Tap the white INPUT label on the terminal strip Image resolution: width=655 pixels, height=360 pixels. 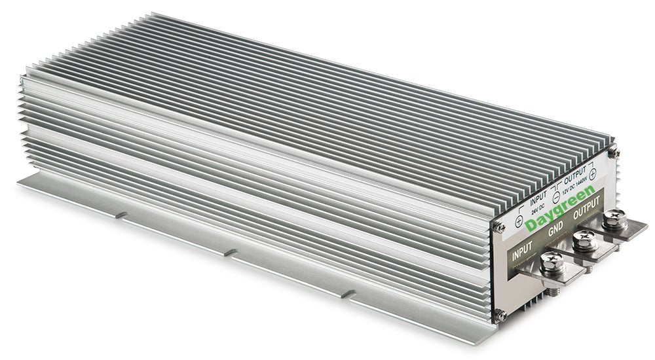pos(523,253)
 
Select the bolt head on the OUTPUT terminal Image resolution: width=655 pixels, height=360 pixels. pos(614,221)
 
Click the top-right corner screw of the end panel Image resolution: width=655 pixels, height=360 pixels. pos(614,152)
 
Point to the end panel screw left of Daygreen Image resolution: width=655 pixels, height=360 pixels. pos(499,226)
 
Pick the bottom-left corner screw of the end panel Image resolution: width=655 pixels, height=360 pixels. pos(500,315)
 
